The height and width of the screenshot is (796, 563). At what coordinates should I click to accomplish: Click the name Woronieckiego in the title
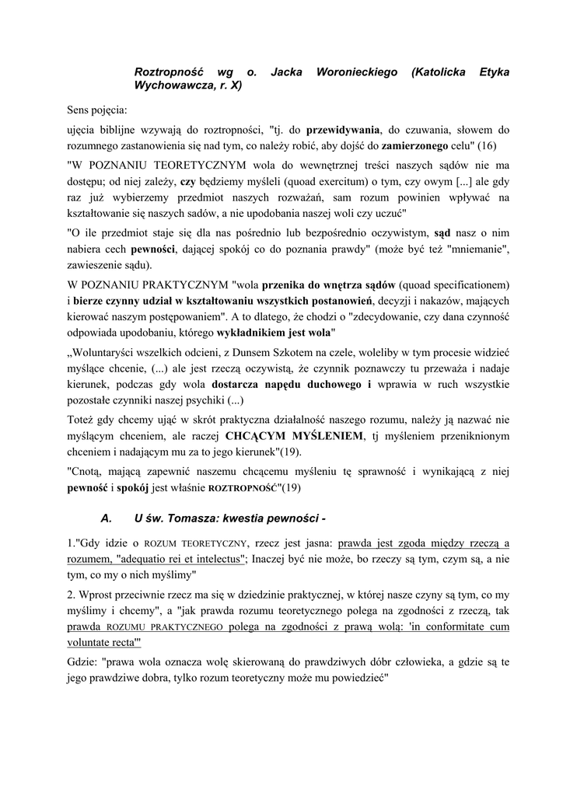pos(358,72)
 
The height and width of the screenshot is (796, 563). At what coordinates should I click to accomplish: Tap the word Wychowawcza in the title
pos(171,86)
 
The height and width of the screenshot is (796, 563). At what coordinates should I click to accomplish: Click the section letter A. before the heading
pos(107,517)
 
